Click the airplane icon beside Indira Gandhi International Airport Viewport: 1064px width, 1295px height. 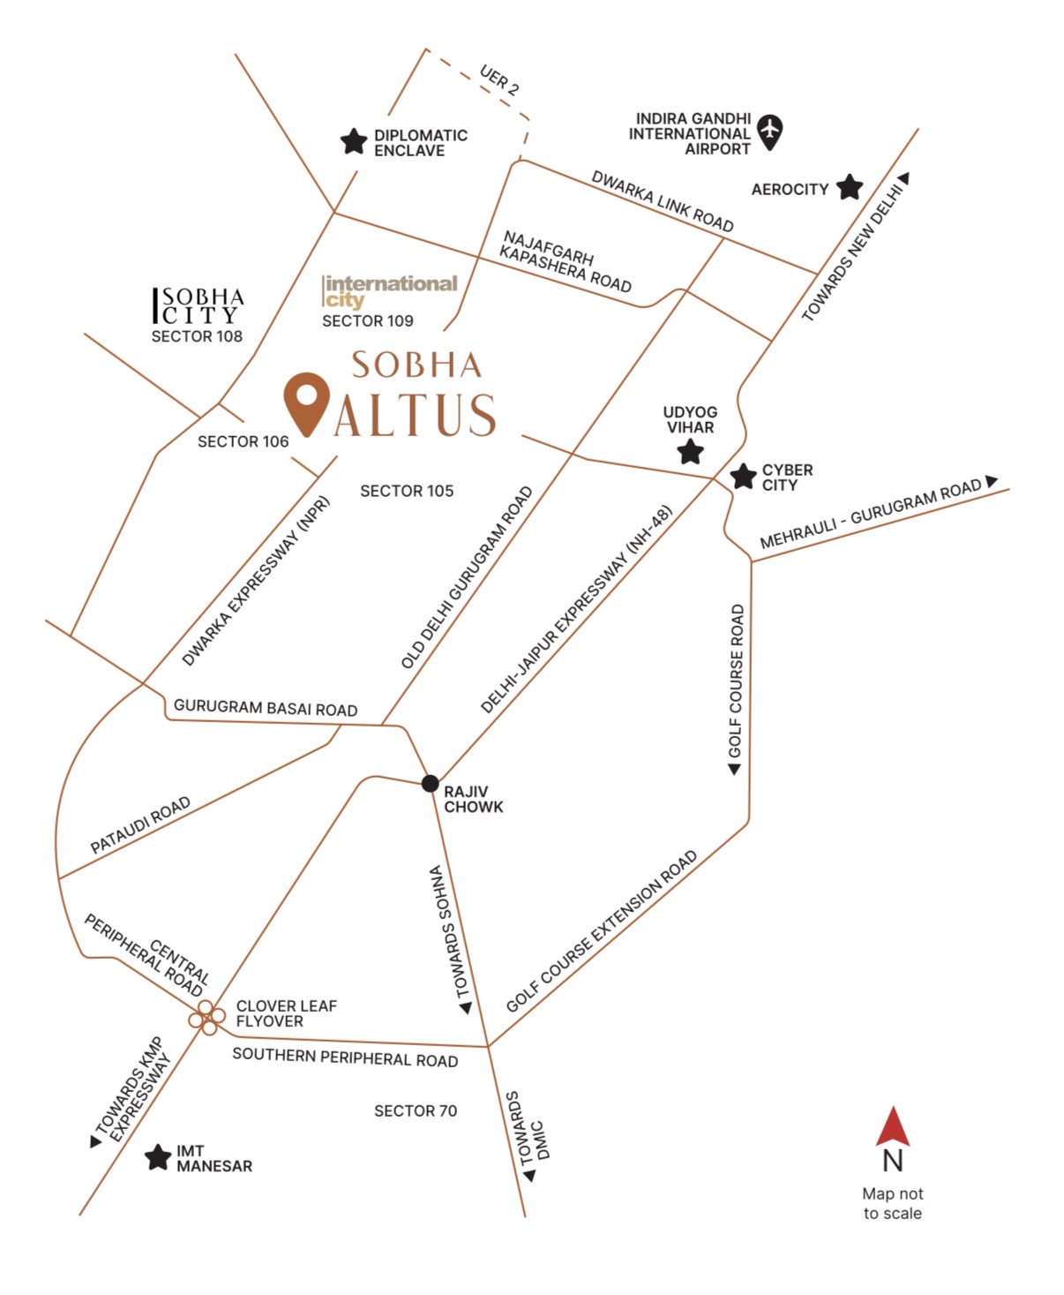tap(770, 131)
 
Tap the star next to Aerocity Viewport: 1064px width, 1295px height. tap(849, 187)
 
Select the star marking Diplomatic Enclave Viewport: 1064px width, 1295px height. tap(354, 141)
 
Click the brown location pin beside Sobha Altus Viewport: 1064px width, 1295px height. tap(306, 403)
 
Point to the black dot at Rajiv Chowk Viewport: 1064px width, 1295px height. tap(430, 783)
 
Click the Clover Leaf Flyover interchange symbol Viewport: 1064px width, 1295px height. tap(206, 1018)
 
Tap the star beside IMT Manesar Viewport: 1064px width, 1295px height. tap(158, 1157)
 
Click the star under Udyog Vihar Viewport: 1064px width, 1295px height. tap(690, 452)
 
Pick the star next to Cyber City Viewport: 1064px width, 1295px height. tap(743, 477)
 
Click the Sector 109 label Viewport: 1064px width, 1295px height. tap(367, 321)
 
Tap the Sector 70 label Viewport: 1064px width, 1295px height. tap(416, 1111)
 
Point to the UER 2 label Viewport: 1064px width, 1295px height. tap(499, 79)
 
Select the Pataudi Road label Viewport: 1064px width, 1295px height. tap(140, 824)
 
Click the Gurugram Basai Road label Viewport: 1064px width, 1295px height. tap(266, 708)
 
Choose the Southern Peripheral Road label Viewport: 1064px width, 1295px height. tap(345, 1058)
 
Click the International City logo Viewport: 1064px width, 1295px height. tap(390, 290)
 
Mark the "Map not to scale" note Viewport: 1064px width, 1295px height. tap(892, 1203)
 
